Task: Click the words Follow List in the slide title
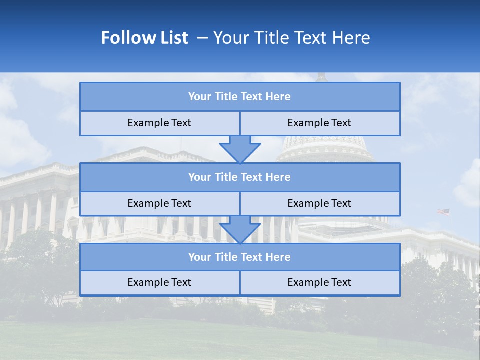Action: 145,38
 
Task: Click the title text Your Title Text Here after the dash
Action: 292,38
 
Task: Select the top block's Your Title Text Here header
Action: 239,97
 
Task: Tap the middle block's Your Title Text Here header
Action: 239,177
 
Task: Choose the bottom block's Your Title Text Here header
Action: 239,257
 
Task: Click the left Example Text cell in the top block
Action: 159,123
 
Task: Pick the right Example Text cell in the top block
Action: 319,123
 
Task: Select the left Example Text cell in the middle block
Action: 159,203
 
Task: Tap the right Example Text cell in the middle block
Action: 319,203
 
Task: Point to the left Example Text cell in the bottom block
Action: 159,282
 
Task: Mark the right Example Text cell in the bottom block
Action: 319,282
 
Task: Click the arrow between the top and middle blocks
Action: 240,149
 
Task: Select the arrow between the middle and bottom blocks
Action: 240,229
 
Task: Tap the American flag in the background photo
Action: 443,212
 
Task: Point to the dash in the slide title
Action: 203,38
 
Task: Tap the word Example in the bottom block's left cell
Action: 146,282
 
